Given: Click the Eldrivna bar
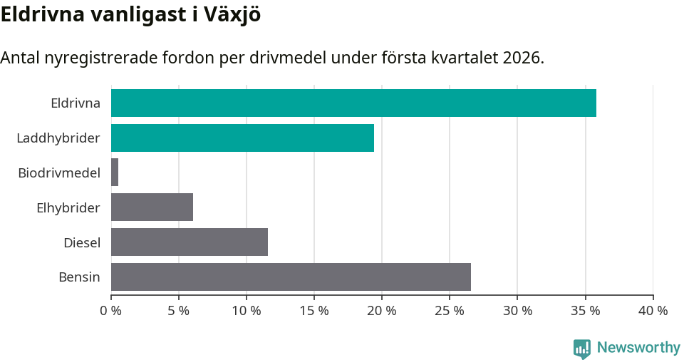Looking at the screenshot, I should [x=353, y=103].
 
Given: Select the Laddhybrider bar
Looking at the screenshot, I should [x=242, y=138].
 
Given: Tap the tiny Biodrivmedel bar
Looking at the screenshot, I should [x=115, y=173].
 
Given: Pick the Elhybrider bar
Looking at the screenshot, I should [x=152, y=207].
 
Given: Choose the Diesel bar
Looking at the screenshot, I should [x=190, y=242].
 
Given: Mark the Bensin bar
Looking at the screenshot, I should [x=291, y=277].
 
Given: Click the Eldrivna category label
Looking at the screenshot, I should [x=76, y=103].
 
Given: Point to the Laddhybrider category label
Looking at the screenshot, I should [x=58, y=138].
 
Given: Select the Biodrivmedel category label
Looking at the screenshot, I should [x=59, y=173].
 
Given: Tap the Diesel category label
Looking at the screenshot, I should [x=82, y=242].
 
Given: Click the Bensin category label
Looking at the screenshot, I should [x=79, y=277].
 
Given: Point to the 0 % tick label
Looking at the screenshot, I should [x=111, y=311].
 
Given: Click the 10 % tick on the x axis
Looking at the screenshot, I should [x=247, y=311].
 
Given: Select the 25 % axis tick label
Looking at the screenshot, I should [x=450, y=311].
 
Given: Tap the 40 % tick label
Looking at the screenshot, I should [x=653, y=311].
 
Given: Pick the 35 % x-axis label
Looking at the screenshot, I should [x=585, y=311].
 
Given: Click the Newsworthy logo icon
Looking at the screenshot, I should [x=582, y=348].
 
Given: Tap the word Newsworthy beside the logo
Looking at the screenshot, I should [x=638, y=348].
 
